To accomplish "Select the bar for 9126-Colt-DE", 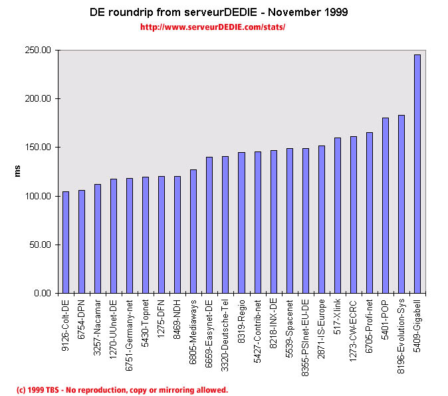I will [x=66, y=243].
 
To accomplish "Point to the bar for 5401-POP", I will [x=386, y=205].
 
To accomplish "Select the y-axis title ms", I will [x=19, y=171].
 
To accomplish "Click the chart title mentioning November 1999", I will [x=219, y=13].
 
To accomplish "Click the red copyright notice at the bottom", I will [x=122, y=390].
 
